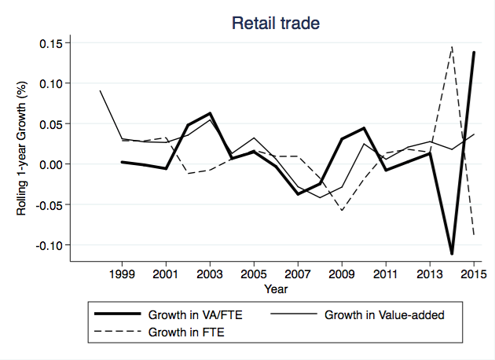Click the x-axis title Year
(x=276, y=290)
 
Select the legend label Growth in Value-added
(x=385, y=315)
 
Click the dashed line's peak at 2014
(x=452, y=46)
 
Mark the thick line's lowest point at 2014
(x=452, y=253)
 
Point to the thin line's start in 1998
(x=100, y=91)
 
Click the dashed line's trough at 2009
(x=342, y=211)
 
